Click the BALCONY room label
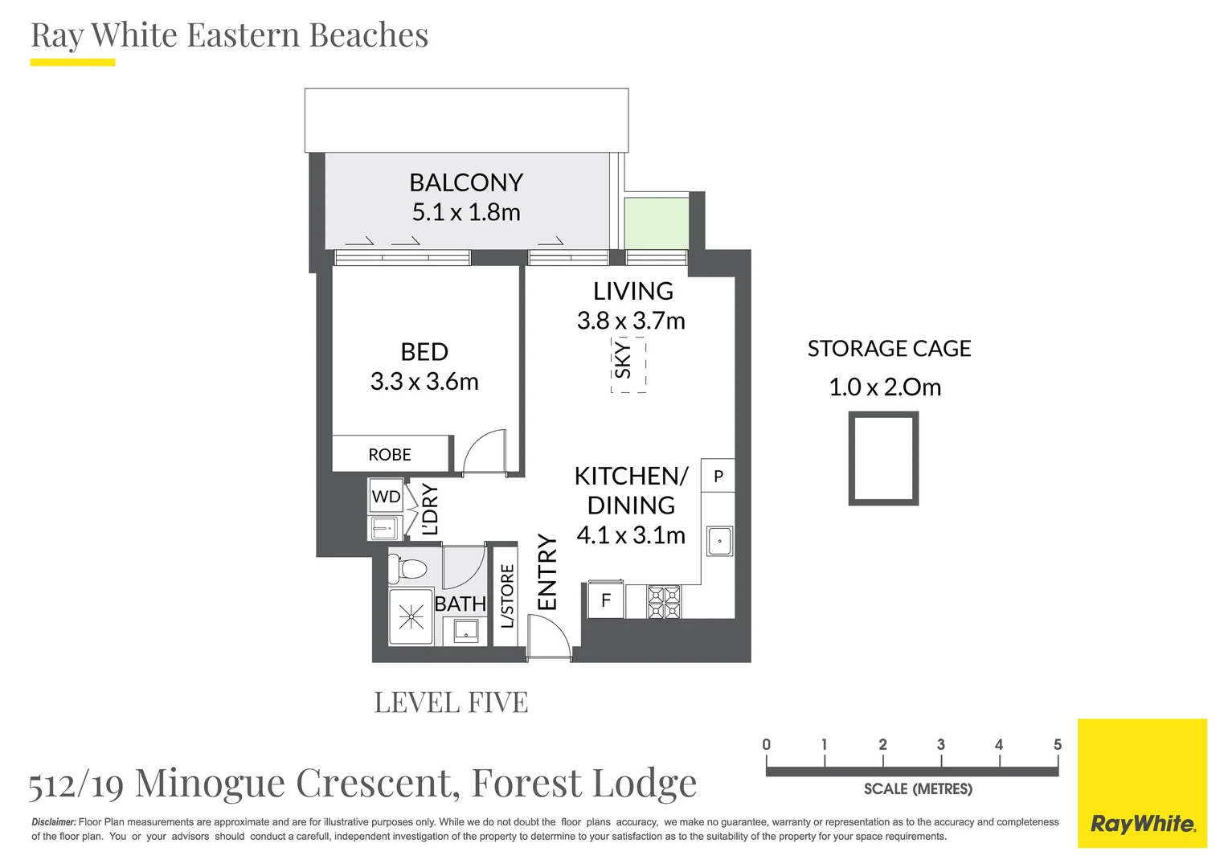[466, 182]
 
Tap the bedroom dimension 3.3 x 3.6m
[424, 382]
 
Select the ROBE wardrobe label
[390, 455]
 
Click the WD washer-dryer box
[386, 497]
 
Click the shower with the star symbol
[411, 617]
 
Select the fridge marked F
[606, 600]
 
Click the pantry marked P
[718, 476]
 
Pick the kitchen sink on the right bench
[719, 541]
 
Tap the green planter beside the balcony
[657, 223]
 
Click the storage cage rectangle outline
[883, 458]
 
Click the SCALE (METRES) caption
[918, 789]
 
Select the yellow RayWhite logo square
[1142, 783]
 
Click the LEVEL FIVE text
[451, 702]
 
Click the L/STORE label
[507, 596]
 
